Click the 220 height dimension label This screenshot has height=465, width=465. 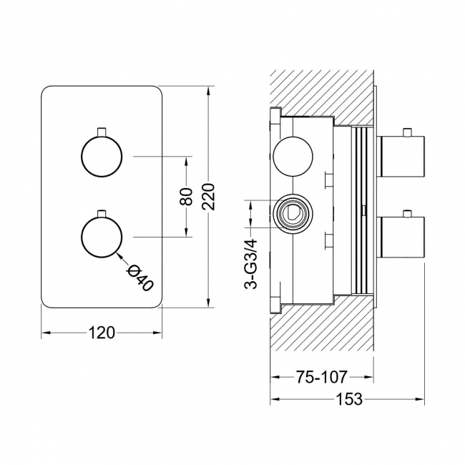(x=208, y=195)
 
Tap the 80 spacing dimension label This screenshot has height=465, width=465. (x=186, y=196)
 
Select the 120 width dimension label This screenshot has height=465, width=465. (x=102, y=332)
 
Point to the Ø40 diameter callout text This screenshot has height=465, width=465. (x=139, y=276)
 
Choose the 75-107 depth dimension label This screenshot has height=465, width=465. (x=322, y=376)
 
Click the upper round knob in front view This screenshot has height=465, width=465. (x=102, y=155)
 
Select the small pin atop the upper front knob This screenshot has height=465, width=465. (x=102, y=130)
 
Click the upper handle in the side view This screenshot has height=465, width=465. (x=403, y=157)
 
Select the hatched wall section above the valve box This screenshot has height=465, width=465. (x=322, y=89)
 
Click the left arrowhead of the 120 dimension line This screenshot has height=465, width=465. (x=45, y=332)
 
